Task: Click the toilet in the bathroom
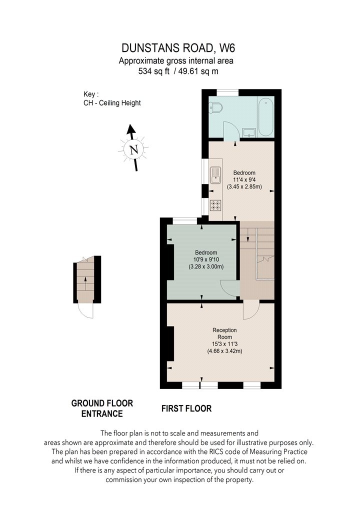216,107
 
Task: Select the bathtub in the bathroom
266,116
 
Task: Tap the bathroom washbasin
249,132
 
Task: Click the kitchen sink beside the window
215,175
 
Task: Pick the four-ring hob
215,205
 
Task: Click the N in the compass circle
134,149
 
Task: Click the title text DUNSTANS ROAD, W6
178,48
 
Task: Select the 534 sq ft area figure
154,71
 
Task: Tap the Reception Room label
224,333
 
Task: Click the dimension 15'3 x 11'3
224,344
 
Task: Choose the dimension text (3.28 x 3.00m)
206,266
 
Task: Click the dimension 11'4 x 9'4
244,180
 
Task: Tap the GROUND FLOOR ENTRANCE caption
102,408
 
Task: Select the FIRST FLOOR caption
186,408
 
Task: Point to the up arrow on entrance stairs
85,284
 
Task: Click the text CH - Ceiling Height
112,103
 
